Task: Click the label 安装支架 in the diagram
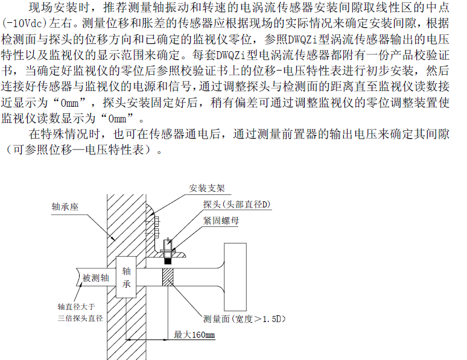click(x=207, y=188)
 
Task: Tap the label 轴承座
click(x=65, y=207)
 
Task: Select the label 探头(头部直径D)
click(x=237, y=204)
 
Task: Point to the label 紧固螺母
click(x=221, y=220)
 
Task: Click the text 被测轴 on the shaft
click(x=95, y=278)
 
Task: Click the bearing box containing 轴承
click(x=126, y=277)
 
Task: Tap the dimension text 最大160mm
click(x=194, y=335)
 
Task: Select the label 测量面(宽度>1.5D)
click(x=244, y=319)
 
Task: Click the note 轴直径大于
click(x=76, y=306)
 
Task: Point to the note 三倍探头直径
click(x=80, y=318)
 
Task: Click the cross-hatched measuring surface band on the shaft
click(x=168, y=277)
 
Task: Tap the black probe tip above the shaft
click(x=168, y=261)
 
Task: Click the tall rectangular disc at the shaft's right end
click(x=235, y=277)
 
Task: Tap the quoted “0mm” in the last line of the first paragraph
click(x=118, y=118)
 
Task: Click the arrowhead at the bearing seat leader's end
click(x=113, y=238)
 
